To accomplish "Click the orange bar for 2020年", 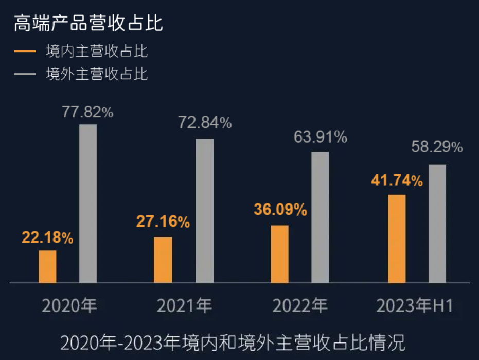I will pyautogui.click(x=47, y=266).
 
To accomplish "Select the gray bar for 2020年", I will pyautogui.click(x=88, y=203).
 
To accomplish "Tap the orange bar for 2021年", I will pyautogui.click(x=163, y=260).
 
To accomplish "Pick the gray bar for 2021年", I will pyautogui.click(x=205, y=211).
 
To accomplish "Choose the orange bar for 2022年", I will pyautogui.click(x=279, y=254).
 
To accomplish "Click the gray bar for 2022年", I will pyautogui.click(x=320, y=217).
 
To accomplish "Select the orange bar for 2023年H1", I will pyautogui.click(x=396, y=238).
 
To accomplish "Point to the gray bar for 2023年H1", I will pyautogui.click(x=437, y=224).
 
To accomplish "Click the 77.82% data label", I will pyautogui.click(x=87, y=112).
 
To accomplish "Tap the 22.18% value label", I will pyautogui.click(x=47, y=238).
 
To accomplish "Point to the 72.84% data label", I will pyautogui.click(x=205, y=123).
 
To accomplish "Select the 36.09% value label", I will pyautogui.click(x=280, y=210).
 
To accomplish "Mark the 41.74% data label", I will pyautogui.click(x=397, y=181).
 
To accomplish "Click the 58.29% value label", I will pyautogui.click(x=437, y=148).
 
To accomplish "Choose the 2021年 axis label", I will pyautogui.click(x=184, y=306).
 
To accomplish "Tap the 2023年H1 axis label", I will pyautogui.click(x=415, y=306).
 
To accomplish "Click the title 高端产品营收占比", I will pyautogui.click(x=88, y=24).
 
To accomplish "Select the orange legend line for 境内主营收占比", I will pyautogui.click(x=25, y=52).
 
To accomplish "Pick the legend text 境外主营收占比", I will pyautogui.click(x=97, y=74).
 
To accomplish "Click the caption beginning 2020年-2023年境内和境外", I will pyautogui.click(x=233, y=342).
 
